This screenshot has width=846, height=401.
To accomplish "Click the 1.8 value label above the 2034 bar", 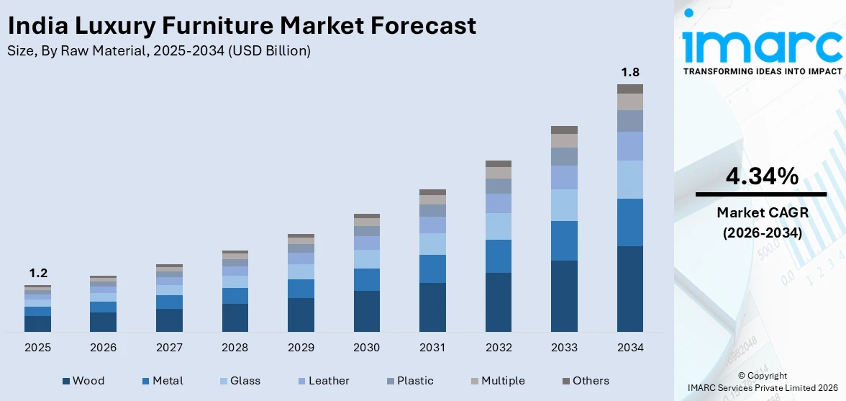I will coord(630,72).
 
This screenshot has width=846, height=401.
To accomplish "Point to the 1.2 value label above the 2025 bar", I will coord(37,273).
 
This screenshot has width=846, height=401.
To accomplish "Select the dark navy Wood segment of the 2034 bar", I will coord(630,289).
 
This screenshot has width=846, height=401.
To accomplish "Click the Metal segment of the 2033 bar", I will coord(564,240).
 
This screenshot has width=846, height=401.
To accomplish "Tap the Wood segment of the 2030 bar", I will coord(366,311).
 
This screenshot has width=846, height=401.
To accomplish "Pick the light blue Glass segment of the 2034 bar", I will coord(630,179).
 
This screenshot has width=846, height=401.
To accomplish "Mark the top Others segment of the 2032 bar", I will coord(498,163).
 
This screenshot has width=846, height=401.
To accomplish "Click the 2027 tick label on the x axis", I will coord(169,348).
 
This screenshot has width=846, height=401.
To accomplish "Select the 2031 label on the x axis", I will coord(432,348).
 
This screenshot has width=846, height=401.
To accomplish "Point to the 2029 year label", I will coord(301,348).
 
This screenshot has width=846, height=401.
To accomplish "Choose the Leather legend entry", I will coord(322,381).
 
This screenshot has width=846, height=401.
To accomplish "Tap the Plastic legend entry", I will coord(409,381).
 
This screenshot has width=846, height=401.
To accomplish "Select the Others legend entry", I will coord(585,381).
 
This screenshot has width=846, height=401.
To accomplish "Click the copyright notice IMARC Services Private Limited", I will coord(761,388).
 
